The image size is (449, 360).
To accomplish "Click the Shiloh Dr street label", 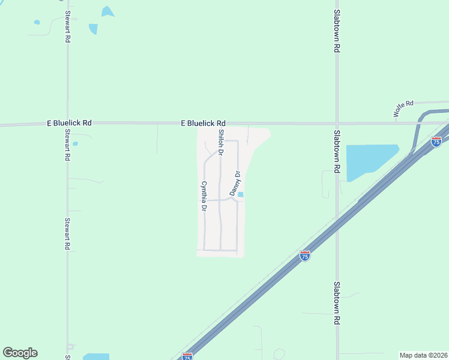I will [x=221, y=143].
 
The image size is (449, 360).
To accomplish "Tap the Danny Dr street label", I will [x=235, y=184].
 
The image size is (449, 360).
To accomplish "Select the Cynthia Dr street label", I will [x=204, y=197].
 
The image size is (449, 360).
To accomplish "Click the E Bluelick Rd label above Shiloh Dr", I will [x=203, y=122].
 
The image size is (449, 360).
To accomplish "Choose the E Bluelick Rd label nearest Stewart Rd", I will [x=69, y=122].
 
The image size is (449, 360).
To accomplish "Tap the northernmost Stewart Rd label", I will [x=68, y=26].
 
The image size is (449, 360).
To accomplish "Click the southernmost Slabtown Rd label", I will [x=337, y=302].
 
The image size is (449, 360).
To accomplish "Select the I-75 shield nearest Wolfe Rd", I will [x=436, y=142].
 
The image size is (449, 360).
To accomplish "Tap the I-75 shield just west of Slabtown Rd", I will [x=305, y=256].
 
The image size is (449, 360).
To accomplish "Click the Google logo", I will [x=20, y=353].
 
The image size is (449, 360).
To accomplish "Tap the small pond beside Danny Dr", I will [x=241, y=194].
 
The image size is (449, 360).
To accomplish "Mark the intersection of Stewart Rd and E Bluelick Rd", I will [x=67, y=124].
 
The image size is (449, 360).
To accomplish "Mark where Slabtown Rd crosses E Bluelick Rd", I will [x=337, y=124].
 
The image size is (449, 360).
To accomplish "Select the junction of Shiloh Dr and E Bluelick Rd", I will [x=220, y=124].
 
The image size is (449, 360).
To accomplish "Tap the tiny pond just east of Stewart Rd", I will [x=75, y=143].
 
